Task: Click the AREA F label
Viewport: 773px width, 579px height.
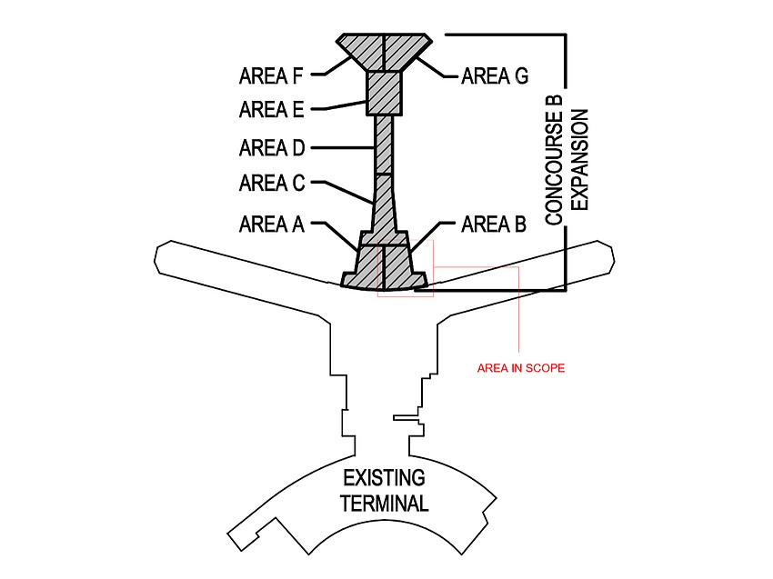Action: tap(270, 75)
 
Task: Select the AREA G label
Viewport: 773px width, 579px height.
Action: tap(494, 75)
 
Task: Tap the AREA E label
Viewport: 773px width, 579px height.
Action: tap(270, 110)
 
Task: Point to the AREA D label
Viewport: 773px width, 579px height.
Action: tap(271, 147)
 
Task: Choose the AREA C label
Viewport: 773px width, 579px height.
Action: tap(271, 184)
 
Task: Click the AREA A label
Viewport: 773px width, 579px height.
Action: tap(271, 224)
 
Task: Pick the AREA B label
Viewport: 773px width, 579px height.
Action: tap(494, 224)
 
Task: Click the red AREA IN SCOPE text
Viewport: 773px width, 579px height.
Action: tap(521, 368)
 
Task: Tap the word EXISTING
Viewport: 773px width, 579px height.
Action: tap(383, 478)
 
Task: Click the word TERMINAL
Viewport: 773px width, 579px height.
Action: tap(384, 503)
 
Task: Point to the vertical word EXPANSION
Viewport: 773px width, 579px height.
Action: tap(582, 159)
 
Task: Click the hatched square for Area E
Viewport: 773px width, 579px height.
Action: tap(384, 93)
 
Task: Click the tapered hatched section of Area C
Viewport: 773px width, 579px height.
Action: tap(385, 204)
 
